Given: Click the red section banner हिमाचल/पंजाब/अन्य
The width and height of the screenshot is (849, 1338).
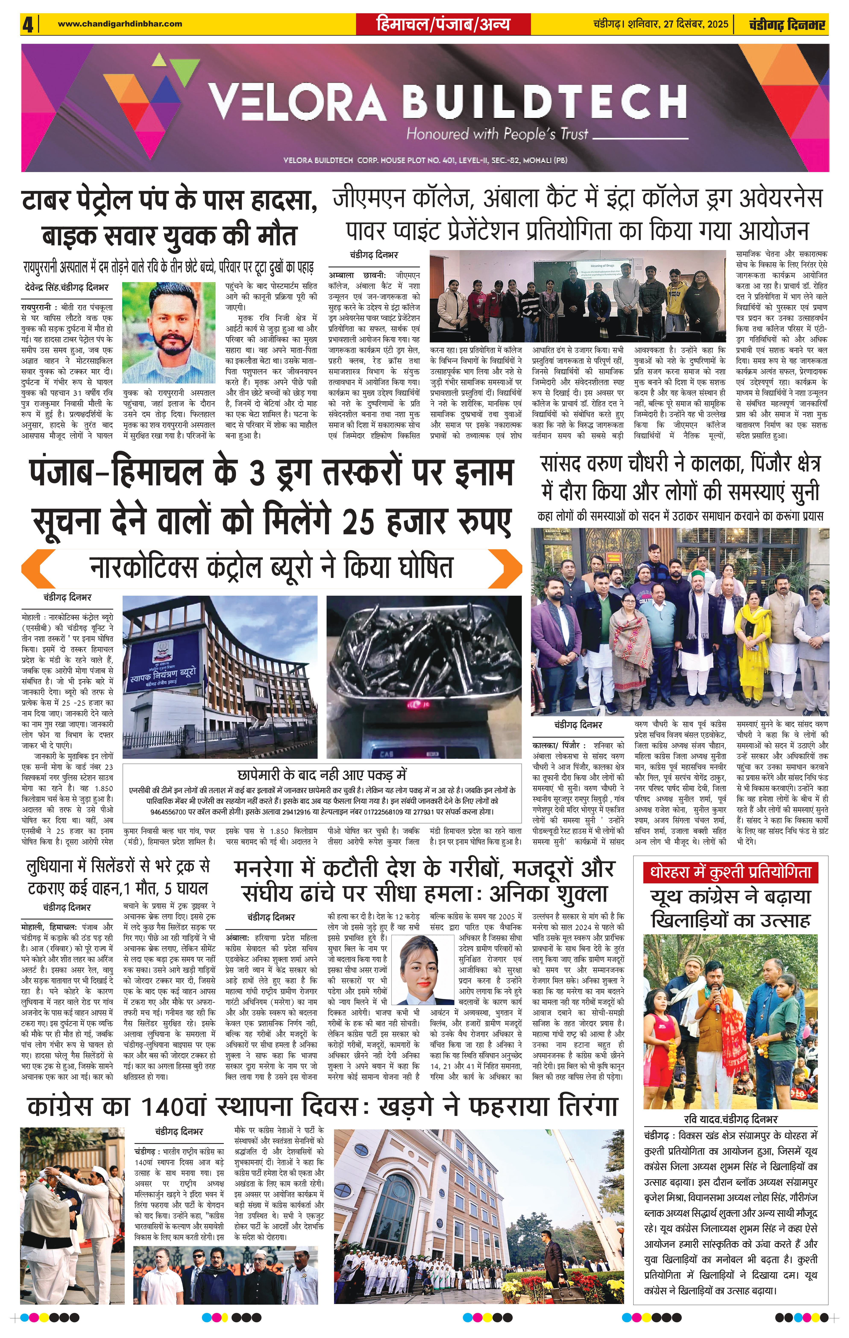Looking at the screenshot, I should [443, 24].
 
